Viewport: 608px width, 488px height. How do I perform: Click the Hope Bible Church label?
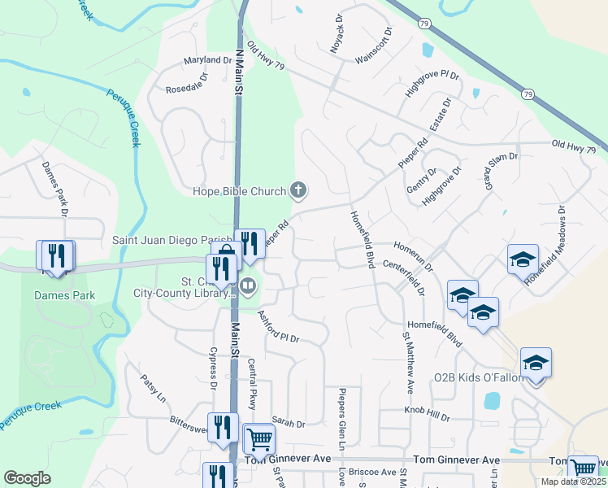[x=239, y=192]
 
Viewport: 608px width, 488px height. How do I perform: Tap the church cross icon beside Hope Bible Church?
[x=298, y=191]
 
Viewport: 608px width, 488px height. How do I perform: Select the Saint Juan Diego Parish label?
[x=172, y=242]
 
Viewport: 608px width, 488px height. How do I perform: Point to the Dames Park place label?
[x=64, y=296]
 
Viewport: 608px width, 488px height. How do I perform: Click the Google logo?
[x=27, y=478]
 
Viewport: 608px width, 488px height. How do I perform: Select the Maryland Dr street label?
[x=208, y=61]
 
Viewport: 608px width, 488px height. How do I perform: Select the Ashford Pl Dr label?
[x=279, y=327]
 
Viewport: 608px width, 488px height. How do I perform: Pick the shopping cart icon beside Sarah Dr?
[x=259, y=439]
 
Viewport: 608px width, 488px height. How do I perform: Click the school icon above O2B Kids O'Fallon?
[x=536, y=362]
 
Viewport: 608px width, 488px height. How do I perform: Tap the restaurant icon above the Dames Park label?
[x=54, y=255]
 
